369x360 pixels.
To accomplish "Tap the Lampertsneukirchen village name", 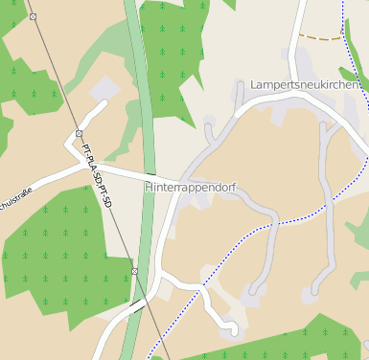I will pyautogui.click(x=305, y=85).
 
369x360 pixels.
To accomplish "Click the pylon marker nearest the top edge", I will pyautogui.click(x=33, y=17).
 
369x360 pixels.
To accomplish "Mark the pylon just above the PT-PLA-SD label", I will pyautogui.click(x=79, y=133).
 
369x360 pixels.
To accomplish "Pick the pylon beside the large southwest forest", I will pyautogui.click(x=135, y=272).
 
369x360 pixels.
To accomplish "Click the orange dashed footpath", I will pyautogui.click(x=319, y=37).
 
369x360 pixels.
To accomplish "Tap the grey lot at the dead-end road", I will pyautogui.click(x=101, y=88).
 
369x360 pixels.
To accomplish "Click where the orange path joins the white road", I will pyautogui.click(x=298, y=33).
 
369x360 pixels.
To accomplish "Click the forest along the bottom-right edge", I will pyautogui.click(x=288, y=341).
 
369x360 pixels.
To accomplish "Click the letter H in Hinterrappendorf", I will pyautogui.click(x=149, y=188).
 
